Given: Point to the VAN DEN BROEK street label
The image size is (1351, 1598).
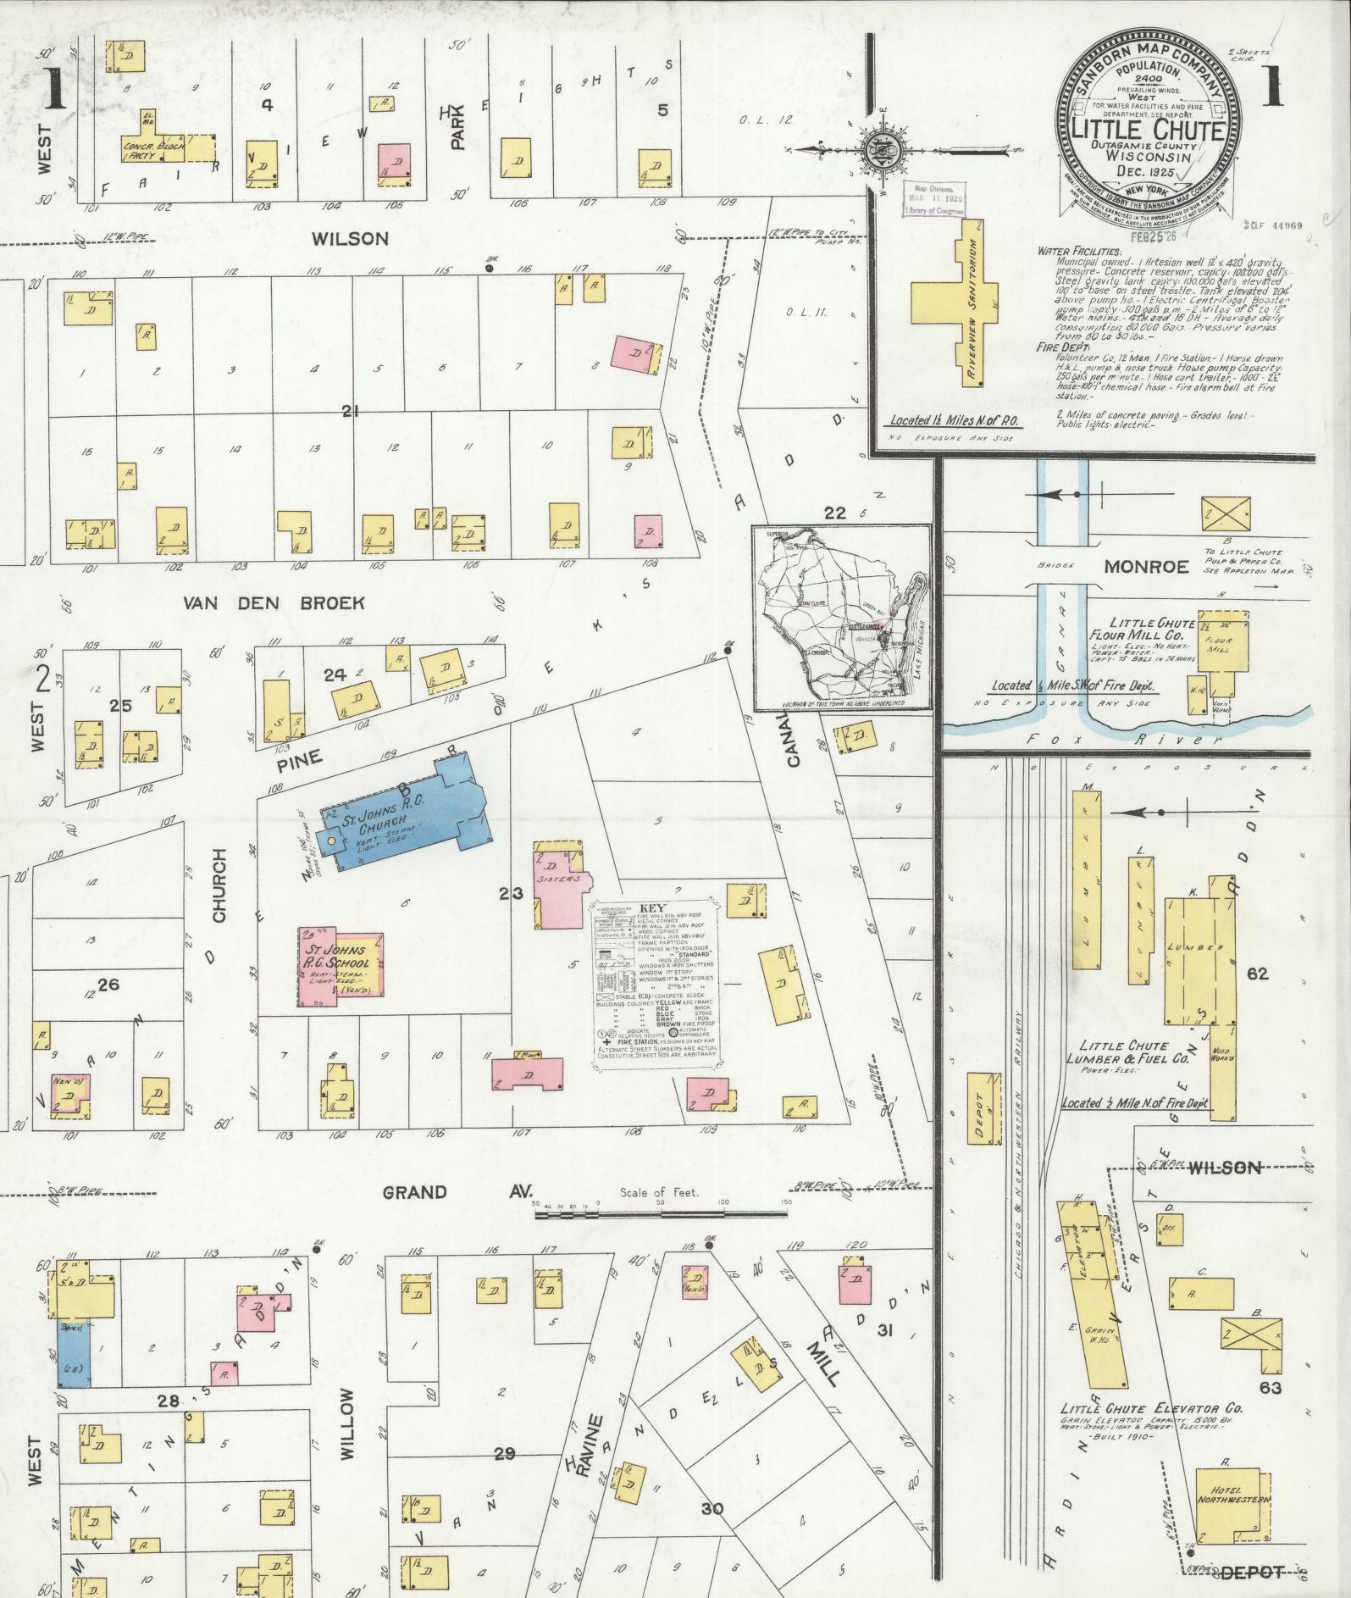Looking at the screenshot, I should pos(274,603).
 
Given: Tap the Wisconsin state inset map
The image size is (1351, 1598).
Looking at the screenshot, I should pos(842,617).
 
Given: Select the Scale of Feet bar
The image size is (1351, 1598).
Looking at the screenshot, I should pos(661,1214).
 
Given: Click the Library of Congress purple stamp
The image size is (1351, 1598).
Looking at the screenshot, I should pos(928,199).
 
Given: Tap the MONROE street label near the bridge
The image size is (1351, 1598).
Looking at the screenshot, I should pos(1146,566).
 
